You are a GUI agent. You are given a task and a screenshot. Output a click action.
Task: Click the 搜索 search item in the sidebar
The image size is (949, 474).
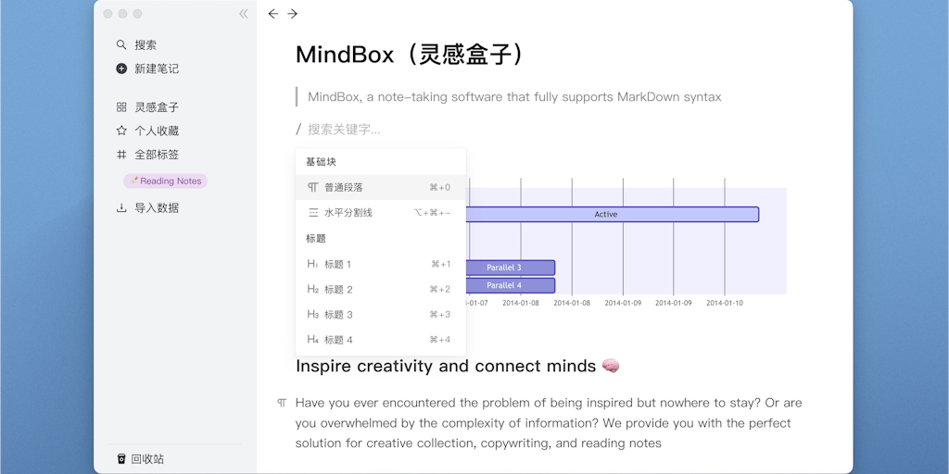[x=145, y=44]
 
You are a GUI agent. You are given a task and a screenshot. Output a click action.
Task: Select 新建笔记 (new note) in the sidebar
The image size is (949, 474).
[x=156, y=69]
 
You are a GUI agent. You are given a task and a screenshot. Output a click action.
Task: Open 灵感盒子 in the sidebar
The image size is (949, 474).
[x=156, y=107]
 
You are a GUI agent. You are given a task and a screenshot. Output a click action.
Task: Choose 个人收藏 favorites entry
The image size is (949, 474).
[x=156, y=131]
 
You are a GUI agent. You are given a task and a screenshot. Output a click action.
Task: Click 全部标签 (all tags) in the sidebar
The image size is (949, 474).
[x=156, y=155]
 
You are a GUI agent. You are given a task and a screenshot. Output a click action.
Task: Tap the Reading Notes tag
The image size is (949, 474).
[x=166, y=181]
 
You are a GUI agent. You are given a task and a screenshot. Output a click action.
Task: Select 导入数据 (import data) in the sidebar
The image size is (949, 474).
[x=156, y=208]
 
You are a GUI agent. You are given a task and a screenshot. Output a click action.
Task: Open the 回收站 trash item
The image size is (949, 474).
[x=146, y=459]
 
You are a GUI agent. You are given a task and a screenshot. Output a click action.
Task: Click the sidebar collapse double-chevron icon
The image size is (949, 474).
[x=243, y=14]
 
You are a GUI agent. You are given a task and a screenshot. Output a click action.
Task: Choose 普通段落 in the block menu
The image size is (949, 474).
[x=344, y=188]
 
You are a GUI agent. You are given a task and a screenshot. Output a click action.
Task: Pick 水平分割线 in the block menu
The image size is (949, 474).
[x=348, y=213]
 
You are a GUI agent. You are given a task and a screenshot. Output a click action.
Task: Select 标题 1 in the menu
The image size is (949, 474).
[x=337, y=265]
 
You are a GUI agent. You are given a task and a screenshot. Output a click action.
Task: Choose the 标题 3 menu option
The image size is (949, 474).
[x=337, y=315]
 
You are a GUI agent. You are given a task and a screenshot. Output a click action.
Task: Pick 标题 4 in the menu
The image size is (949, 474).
[x=337, y=340]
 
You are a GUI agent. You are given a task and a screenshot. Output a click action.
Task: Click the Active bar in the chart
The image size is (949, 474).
[x=606, y=215]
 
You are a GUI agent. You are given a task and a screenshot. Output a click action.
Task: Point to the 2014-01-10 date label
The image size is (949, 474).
[x=725, y=303]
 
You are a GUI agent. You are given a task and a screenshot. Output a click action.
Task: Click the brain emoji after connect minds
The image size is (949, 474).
[x=611, y=367]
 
